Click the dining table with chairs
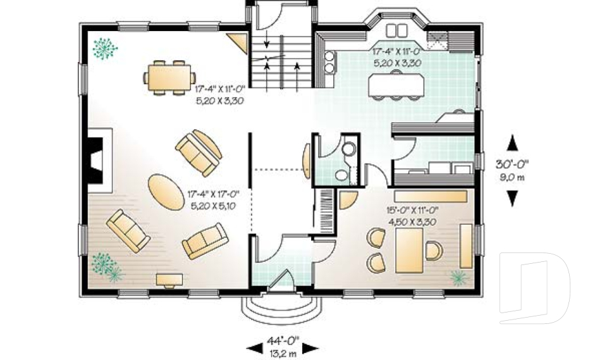tap(169, 77)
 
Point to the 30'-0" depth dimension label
tap(512, 164)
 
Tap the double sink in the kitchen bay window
tap(396, 30)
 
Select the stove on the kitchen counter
tap(329, 62)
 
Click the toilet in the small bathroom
tap(341, 176)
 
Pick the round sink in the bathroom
tap(349, 149)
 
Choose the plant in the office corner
tap(458, 276)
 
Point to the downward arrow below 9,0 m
tap(512, 199)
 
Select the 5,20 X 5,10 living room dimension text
tap(212, 206)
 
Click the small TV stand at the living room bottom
tap(169, 279)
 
